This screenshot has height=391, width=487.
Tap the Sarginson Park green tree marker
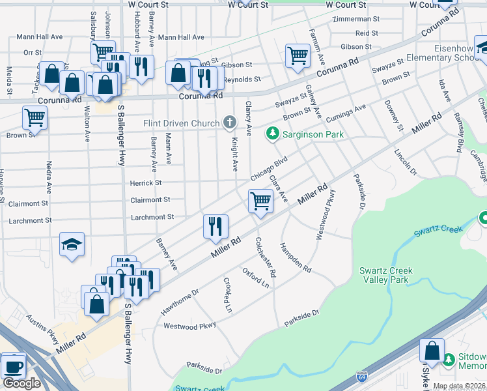(x=272, y=135)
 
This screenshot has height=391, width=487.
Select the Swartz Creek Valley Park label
(x=386, y=275)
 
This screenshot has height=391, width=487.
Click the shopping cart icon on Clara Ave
(x=260, y=201)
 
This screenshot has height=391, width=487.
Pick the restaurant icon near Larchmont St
(x=216, y=226)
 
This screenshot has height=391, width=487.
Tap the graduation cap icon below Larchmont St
(x=72, y=245)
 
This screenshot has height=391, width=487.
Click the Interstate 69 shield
(x=361, y=377)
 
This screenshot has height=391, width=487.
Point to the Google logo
(x=21, y=383)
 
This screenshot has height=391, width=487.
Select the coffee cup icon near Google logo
(x=14, y=366)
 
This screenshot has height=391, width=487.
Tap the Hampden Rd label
(x=296, y=257)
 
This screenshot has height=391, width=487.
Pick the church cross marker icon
(x=229, y=122)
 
